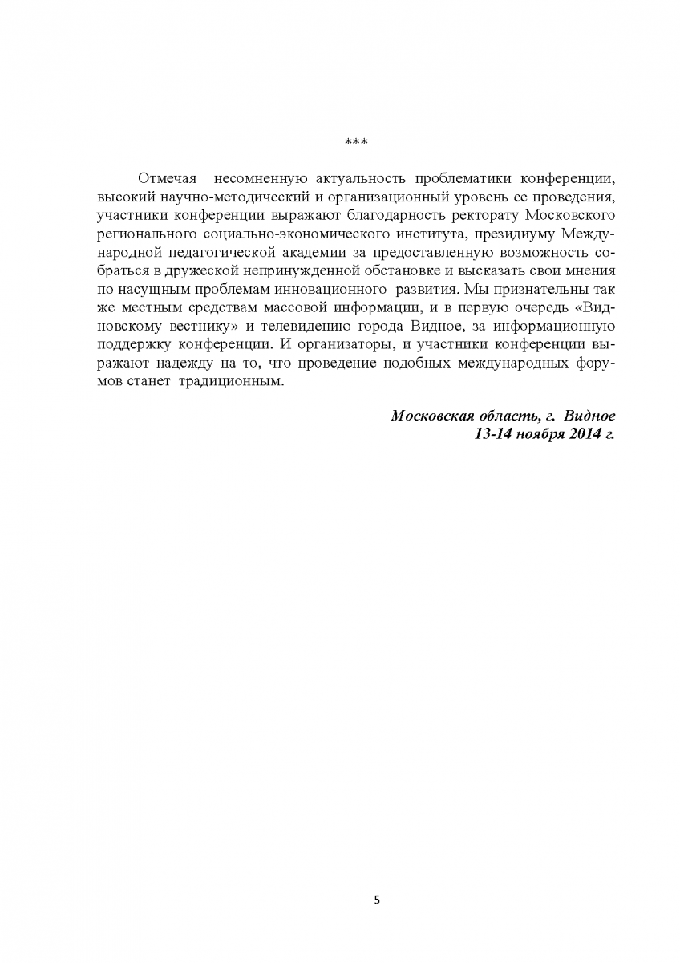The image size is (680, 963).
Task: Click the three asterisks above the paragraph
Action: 355,143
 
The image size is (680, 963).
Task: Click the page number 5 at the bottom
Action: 378,900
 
